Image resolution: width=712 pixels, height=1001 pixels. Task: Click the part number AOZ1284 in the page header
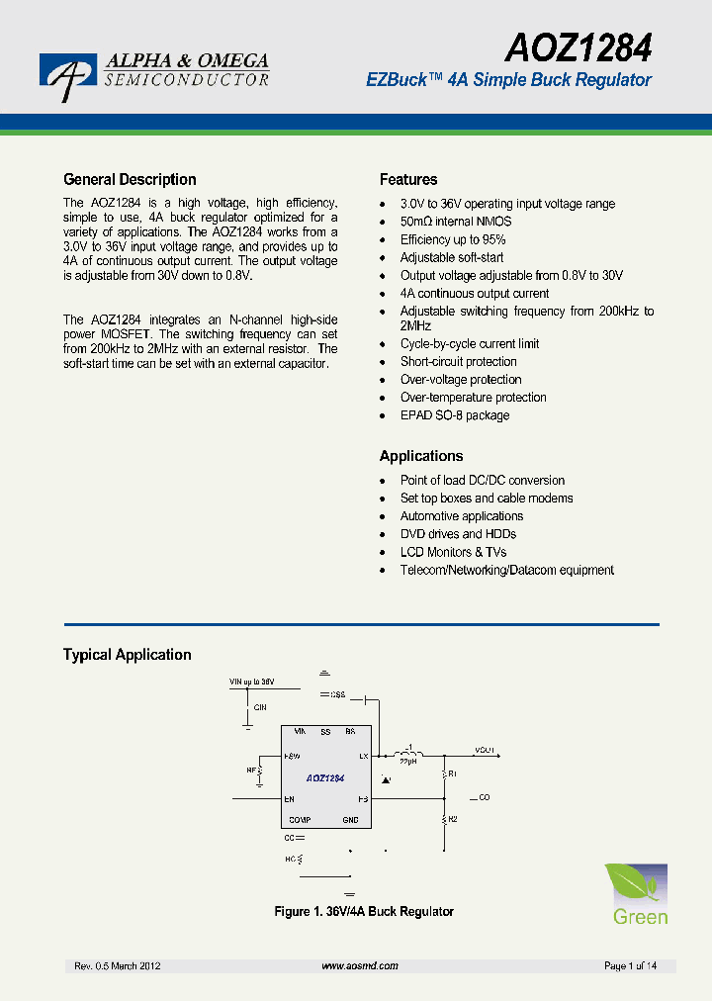click(579, 46)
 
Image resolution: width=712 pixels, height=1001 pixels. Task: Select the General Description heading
click(130, 180)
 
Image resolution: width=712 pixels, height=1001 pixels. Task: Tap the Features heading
click(408, 180)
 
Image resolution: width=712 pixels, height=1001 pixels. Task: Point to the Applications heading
click(421, 456)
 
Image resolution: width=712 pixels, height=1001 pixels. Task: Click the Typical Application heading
click(128, 655)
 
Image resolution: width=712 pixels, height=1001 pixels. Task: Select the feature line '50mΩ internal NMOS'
click(456, 222)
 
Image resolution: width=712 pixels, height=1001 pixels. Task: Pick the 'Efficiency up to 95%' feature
click(453, 239)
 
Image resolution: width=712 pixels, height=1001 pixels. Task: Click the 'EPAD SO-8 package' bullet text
click(455, 415)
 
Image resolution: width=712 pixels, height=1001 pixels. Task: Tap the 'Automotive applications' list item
click(462, 516)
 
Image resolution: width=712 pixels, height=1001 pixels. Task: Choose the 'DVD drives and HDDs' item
click(458, 534)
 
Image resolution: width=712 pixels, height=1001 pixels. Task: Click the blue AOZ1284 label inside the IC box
click(325, 778)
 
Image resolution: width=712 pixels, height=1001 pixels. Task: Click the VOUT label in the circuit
click(485, 751)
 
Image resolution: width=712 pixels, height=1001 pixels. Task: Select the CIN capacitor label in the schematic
click(260, 707)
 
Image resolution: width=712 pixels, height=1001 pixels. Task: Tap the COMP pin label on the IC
click(299, 820)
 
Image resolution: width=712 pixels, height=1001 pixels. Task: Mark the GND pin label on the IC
click(350, 820)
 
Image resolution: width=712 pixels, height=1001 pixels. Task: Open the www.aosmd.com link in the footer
click(360, 965)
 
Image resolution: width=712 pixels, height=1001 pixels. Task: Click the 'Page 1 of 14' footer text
click(630, 965)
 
